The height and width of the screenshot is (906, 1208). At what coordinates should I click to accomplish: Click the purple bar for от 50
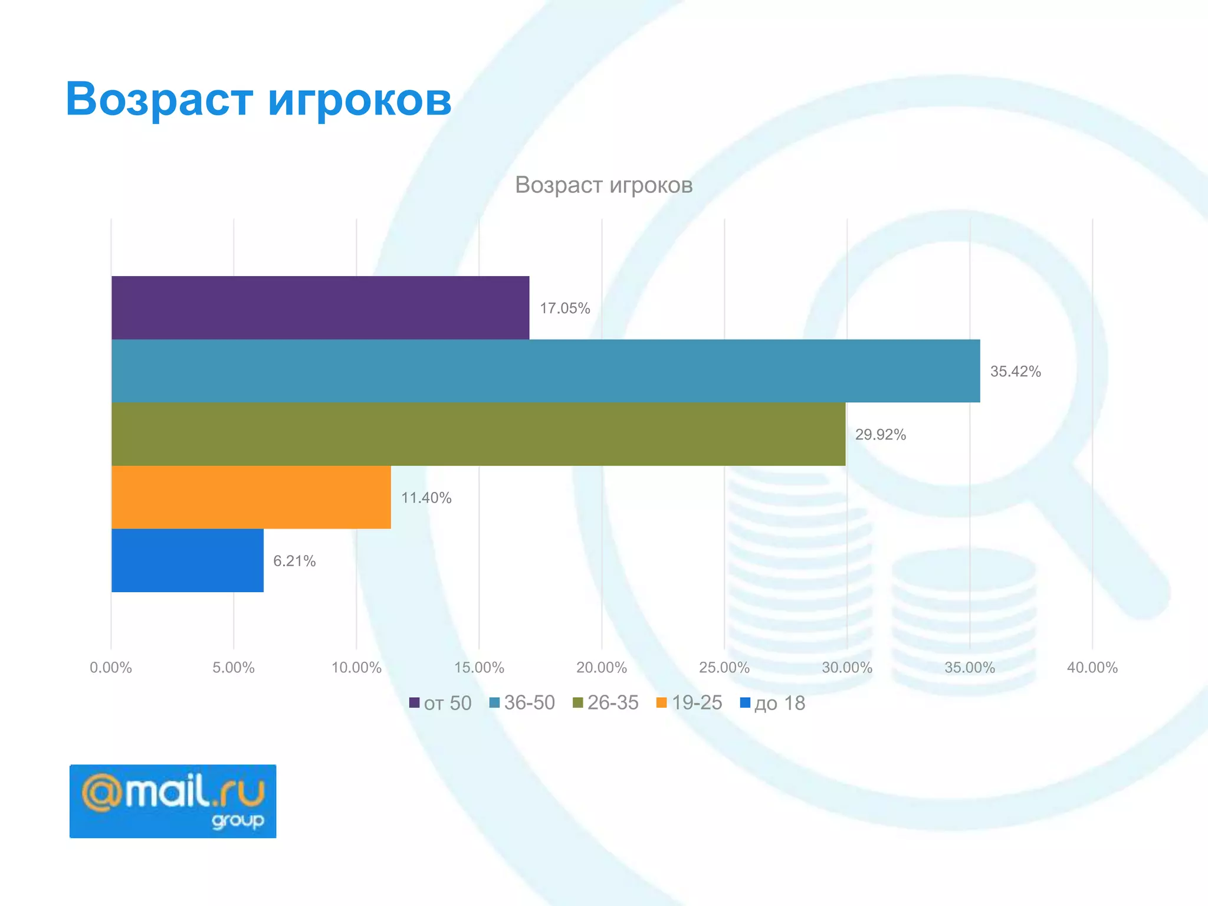(x=320, y=307)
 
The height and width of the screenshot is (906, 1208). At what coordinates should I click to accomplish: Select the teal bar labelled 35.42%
(x=546, y=370)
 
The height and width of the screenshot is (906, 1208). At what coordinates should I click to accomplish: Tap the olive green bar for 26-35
(x=478, y=434)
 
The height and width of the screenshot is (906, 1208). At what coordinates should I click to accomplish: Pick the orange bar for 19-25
(x=251, y=497)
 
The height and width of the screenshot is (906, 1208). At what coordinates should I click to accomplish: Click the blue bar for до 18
(x=187, y=560)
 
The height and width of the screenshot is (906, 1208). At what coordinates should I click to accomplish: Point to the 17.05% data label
(x=564, y=308)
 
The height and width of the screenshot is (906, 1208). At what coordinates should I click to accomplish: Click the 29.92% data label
(x=880, y=435)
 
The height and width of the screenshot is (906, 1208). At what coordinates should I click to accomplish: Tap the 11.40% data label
(x=426, y=498)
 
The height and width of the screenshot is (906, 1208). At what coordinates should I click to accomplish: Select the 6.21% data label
(x=294, y=561)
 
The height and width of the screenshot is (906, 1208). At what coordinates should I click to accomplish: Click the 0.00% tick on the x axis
(x=111, y=668)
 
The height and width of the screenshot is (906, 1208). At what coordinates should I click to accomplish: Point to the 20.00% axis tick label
(x=601, y=668)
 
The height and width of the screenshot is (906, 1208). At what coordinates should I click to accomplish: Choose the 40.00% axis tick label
(x=1092, y=668)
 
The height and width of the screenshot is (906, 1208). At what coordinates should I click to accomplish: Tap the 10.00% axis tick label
(x=356, y=668)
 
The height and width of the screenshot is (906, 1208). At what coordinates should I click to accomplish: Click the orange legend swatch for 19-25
(x=661, y=703)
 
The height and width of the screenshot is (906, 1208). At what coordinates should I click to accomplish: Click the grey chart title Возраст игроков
(x=603, y=185)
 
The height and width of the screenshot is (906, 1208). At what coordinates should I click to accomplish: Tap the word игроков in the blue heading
(x=360, y=99)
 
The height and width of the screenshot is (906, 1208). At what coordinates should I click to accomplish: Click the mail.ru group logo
(x=173, y=801)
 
